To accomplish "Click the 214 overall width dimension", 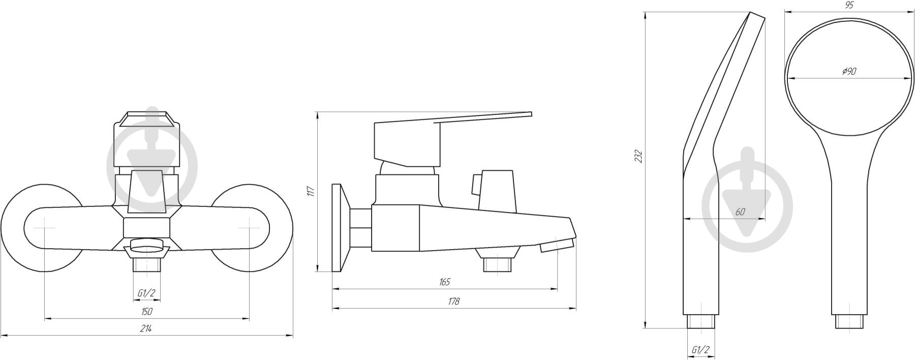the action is click(146, 328).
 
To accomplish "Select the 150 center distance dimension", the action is click(146, 312).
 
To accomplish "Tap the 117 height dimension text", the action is click(311, 191).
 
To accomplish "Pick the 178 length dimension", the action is click(453, 301).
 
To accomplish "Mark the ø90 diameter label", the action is click(849, 72).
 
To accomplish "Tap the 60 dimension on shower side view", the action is click(740, 212).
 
